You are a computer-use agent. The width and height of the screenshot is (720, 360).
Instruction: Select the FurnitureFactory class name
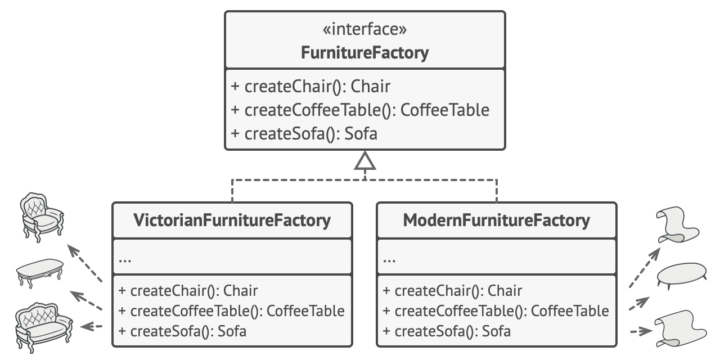[x=364, y=53]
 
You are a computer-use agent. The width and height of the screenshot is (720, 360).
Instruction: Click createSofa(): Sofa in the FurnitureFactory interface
[x=304, y=134]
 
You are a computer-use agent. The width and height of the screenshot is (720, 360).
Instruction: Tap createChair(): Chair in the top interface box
[x=310, y=87]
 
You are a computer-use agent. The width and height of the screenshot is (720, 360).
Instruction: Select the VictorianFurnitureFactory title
[x=232, y=220]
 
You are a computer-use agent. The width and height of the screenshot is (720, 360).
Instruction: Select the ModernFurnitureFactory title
[x=496, y=220]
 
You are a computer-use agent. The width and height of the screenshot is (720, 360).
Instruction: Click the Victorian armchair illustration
[x=42, y=217]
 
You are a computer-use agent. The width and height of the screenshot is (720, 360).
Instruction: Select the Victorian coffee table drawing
[x=40, y=273]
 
